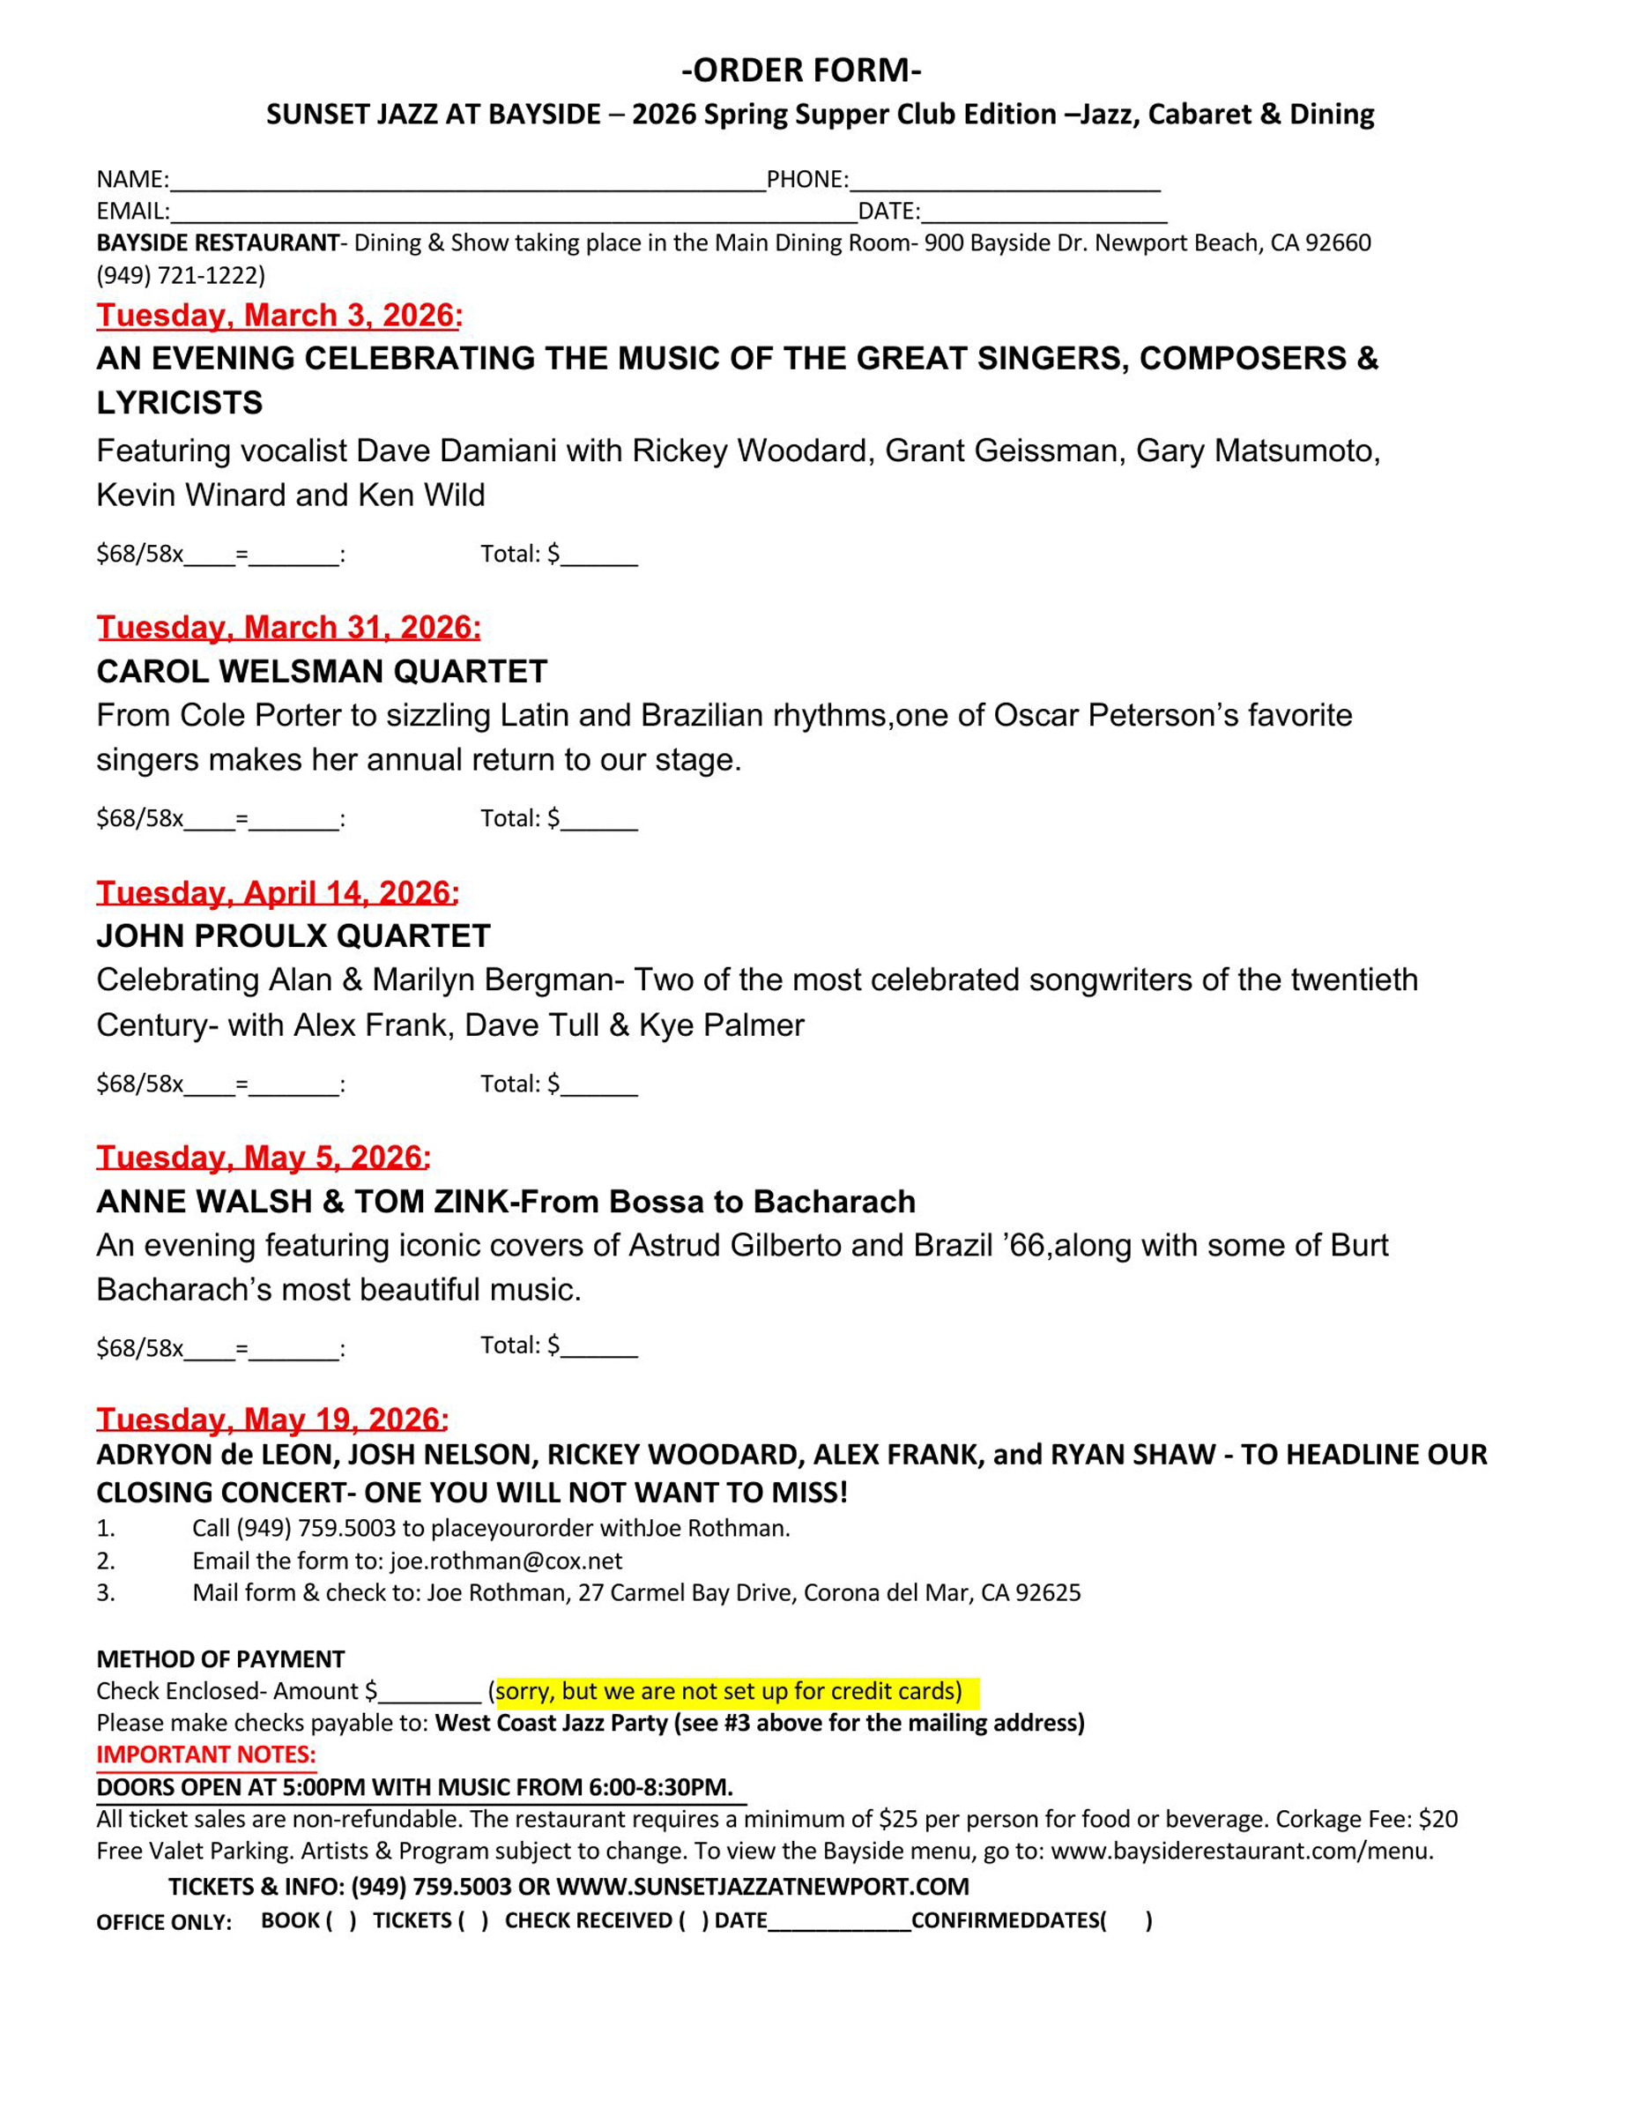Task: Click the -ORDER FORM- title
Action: (801, 71)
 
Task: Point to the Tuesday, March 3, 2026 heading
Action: (279, 316)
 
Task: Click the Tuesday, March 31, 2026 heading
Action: (287, 628)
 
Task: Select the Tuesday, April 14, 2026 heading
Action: (277, 892)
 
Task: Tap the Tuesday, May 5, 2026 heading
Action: (263, 1157)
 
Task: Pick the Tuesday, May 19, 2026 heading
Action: (272, 1419)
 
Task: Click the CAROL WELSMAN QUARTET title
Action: (322, 672)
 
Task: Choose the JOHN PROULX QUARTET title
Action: (293, 936)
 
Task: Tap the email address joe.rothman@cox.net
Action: (506, 1561)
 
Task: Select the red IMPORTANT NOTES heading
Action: (205, 1755)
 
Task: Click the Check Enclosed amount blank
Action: (430, 1695)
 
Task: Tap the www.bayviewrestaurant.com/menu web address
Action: (1241, 1851)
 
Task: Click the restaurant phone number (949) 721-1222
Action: (180, 275)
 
